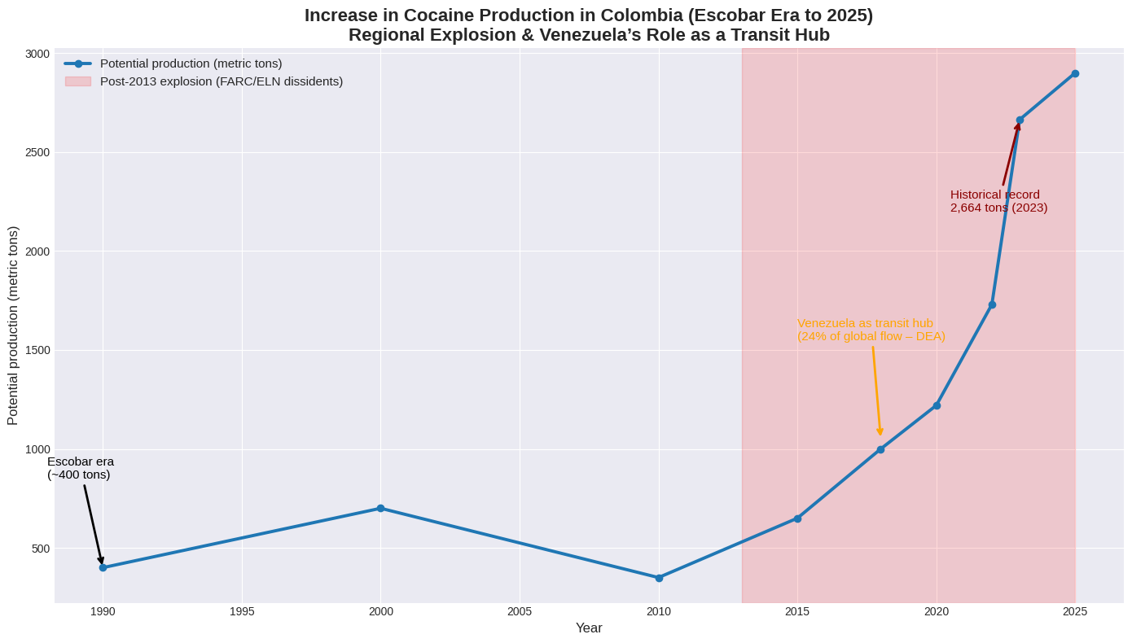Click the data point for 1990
(103, 567)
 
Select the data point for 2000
(380, 508)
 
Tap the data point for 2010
(659, 578)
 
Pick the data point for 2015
(797, 518)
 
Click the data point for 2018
(880, 449)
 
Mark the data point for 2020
(937, 405)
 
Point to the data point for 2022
(992, 304)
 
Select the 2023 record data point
(1020, 120)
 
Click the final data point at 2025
(1075, 73)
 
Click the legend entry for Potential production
(191, 63)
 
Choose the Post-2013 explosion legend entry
(221, 81)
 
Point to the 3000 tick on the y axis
(37, 54)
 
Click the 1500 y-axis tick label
(37, 350)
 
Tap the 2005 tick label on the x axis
(520, 611)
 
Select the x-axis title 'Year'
(589, 628)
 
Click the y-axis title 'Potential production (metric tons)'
(13, 326)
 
